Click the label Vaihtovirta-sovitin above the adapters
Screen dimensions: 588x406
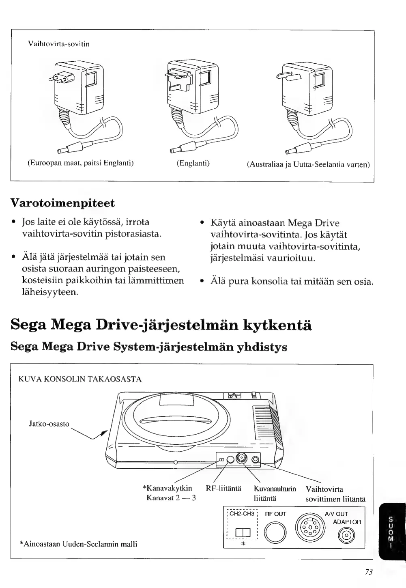[x=59, y=44]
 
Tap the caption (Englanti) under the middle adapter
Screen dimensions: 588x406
[x=193, y=163]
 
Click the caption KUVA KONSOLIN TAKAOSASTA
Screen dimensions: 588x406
[x=80, y=380]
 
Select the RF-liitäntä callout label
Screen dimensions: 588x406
[x=224, y=488]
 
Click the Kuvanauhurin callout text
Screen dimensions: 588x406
[x=275, y=488]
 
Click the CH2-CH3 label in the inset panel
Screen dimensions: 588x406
[x=241, y=514]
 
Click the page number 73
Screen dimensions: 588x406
[x=369, y=572]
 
